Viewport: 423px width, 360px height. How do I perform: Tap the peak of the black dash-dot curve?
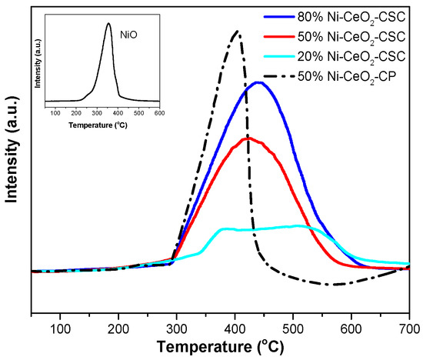[x=238, y=32]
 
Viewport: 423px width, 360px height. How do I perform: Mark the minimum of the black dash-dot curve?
[x=332, y=285]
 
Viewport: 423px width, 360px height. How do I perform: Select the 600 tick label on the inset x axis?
[x=158, y=113]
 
